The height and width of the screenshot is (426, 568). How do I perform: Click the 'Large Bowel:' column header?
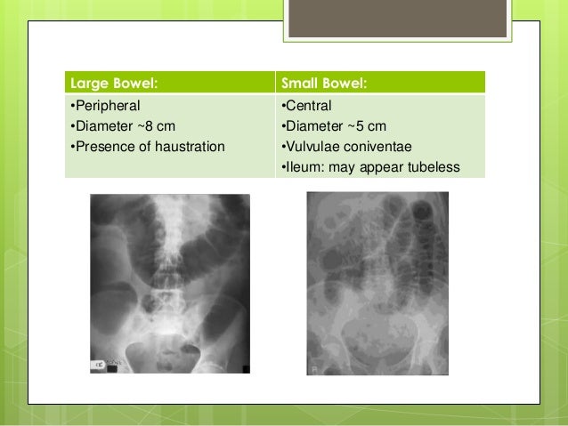tap(113, 84)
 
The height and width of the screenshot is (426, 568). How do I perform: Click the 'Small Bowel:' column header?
tap(324, 84)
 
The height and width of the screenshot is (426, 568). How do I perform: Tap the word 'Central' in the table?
tap(308, 106)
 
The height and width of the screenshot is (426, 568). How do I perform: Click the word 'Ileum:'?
tap(304, 165)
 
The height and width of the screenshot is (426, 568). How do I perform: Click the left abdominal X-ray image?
tap(170, 283)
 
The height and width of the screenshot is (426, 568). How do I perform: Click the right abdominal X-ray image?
tap(377, 283)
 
